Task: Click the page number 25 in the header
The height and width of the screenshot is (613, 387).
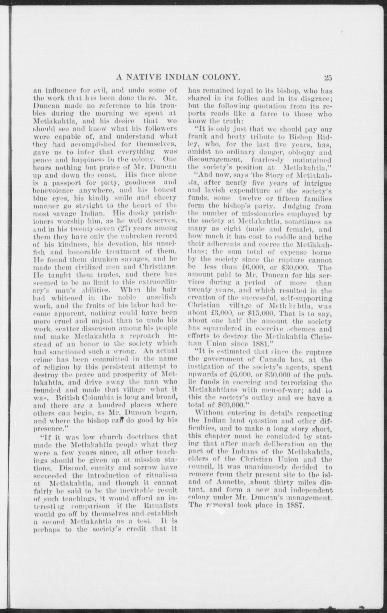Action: pos(328,77)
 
